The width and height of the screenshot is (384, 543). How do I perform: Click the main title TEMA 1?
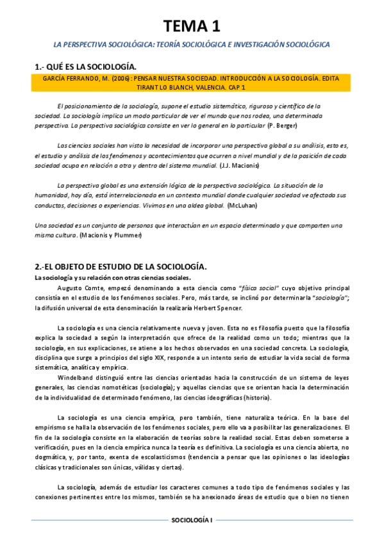point(192,26)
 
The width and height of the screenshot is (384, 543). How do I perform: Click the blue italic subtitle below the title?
point(192,45)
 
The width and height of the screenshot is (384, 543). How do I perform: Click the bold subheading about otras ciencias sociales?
point(112,277)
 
